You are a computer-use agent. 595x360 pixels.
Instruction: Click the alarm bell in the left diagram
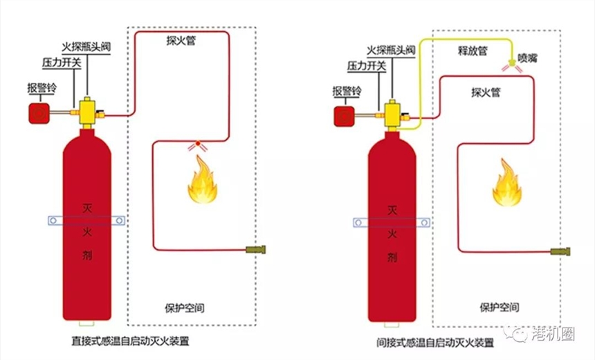point(39,113)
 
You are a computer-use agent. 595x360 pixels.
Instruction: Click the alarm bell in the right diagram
point(343,116)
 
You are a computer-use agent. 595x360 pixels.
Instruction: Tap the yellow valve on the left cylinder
point(89,111)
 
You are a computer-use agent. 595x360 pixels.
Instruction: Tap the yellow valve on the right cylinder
point(392,114)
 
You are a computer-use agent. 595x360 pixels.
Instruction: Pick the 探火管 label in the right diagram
point(485,92)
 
